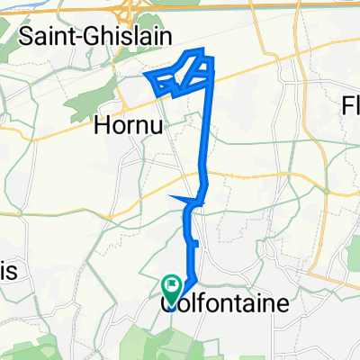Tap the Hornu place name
tap(128, 127)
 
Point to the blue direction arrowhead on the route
tap(180, 198)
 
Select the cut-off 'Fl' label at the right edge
tap(350, 106)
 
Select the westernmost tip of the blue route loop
tap(144, 76)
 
